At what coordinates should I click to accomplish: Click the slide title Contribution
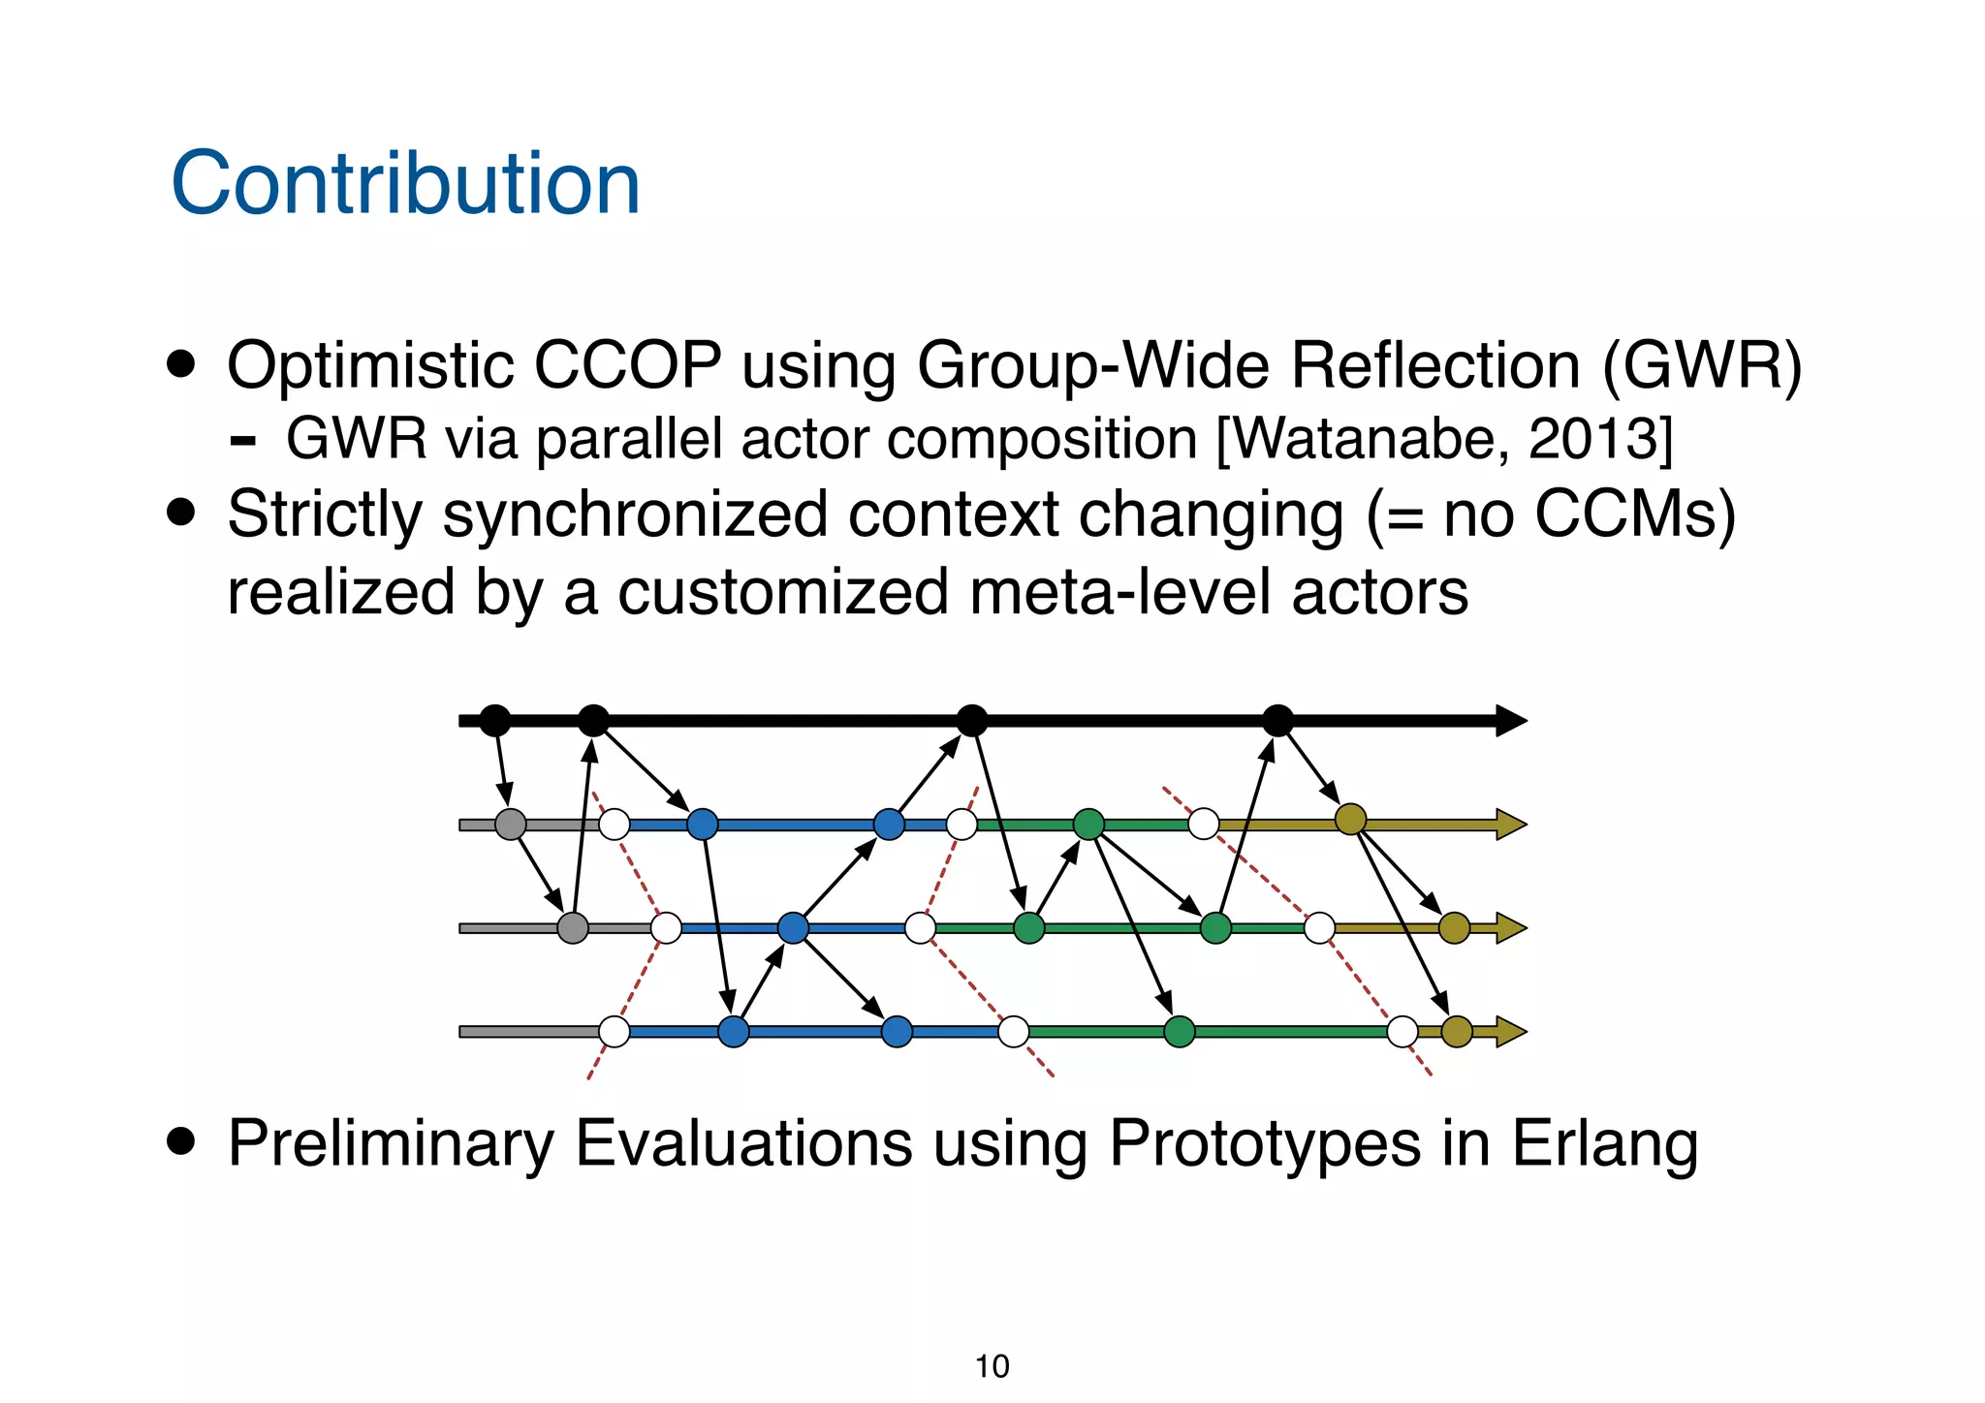[405, 184]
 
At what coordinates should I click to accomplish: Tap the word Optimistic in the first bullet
[369, 366]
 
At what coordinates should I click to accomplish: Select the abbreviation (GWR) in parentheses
[1702, 366]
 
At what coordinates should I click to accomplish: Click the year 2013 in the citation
[1591, 439]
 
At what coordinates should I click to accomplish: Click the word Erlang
[1604, 1143]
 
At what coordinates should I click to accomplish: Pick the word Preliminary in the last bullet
[390, 1143]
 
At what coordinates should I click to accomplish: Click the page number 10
[992, 1366]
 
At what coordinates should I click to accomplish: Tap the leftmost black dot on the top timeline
[494, 720]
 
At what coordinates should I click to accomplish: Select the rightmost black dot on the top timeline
[1277, 720]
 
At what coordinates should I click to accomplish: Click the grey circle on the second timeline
[510, 825]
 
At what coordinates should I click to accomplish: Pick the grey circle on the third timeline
[573, 927]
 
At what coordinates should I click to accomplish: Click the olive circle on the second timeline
[1350, 820]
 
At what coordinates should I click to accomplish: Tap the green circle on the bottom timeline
[1179, 1031]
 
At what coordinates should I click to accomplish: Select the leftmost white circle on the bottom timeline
[614, 1031]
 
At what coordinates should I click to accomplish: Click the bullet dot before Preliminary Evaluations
[181, 1141]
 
